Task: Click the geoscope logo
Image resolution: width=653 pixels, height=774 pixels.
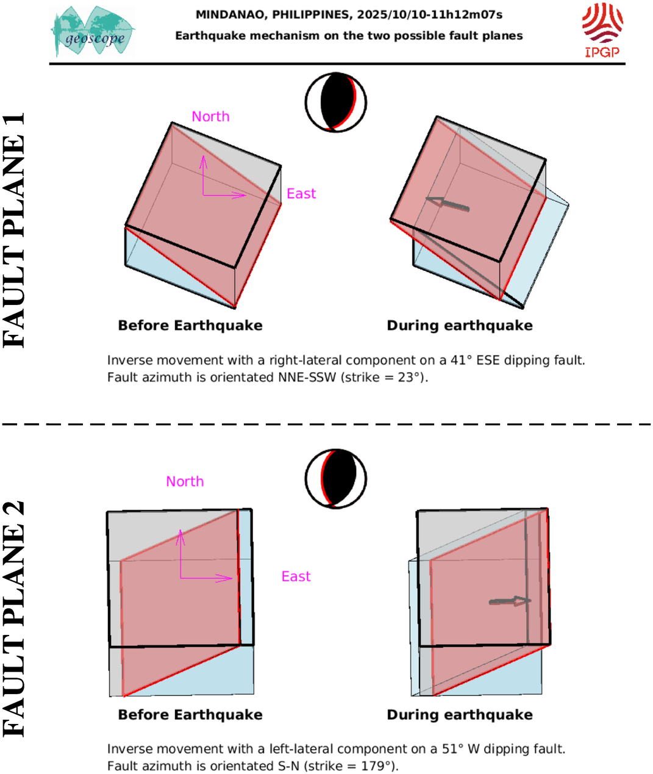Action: tap(93, 32)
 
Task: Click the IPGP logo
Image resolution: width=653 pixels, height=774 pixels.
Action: tap(602, 30)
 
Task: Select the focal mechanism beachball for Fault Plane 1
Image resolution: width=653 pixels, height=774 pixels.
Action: tap(336, 102)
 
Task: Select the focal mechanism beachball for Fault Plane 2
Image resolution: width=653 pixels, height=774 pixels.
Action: tap(336, 479)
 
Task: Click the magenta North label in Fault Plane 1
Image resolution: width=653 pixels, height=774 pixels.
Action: tap(210, 116)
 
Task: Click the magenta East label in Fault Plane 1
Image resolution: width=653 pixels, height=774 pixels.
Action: tap(301, 193)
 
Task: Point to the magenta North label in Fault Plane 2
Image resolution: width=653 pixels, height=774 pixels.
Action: tap(185, 481)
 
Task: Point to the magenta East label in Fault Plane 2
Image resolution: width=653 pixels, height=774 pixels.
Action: tap(296, 576)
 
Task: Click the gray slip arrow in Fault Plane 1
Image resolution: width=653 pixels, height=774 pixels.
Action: tap(448, 204)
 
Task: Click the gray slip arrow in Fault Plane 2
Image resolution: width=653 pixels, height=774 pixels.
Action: tap(510, 601)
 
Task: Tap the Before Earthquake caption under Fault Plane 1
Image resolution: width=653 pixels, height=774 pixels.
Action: tap(190, 326)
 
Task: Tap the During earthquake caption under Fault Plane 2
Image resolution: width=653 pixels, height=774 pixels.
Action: tap(460, 714)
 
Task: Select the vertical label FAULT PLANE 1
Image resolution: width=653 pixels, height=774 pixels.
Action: tap(14, 231)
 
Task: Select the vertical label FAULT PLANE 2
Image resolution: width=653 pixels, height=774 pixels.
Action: tap(14, 619)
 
